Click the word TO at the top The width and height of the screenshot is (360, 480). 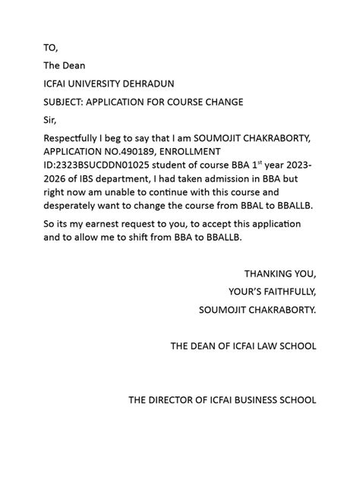[49, 48]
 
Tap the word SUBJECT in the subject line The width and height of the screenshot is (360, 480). [65, 101]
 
